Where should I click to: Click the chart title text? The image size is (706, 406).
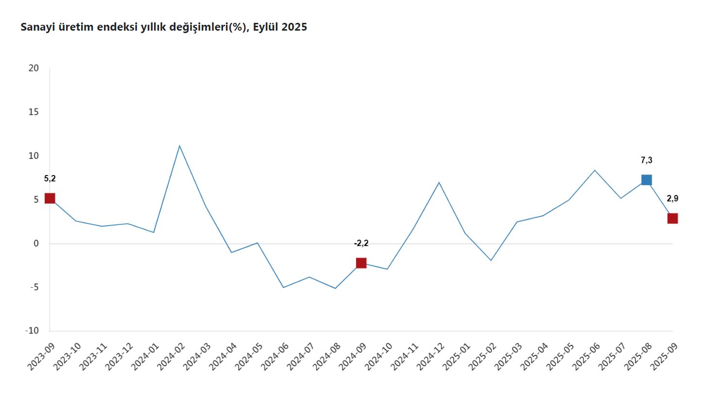pos(164,27)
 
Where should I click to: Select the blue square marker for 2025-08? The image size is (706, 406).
pos(646,180)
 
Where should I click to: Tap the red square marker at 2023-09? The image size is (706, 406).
pos(50,198)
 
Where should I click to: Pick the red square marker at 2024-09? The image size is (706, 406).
pos(361,263)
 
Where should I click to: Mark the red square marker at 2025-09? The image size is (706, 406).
pos(672,218)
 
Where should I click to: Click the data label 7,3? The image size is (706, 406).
pos(646,160)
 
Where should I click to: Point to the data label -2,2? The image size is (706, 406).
pos(361,244)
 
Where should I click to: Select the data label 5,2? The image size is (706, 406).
pos(50,178)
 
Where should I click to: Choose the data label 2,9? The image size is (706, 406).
pos(672,198)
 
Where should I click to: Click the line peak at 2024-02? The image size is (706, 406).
pos(179,146)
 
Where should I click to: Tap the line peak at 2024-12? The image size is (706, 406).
pos(439,182)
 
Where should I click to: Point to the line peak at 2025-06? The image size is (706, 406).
pos(595,170)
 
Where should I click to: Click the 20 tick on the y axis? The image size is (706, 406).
pos(34,68)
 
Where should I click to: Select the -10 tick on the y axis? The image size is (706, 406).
pos(32,331)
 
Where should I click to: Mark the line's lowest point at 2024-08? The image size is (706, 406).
pos(335,288)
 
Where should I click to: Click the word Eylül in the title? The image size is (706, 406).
pos(266,27)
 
